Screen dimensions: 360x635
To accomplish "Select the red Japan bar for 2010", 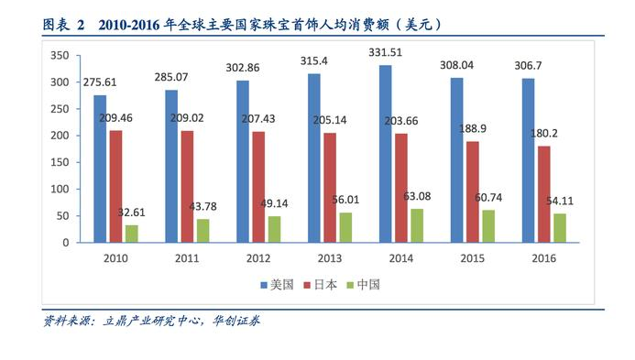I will click(x=115, y=187).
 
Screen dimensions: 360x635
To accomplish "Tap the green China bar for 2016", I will click(x=560, y=228).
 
